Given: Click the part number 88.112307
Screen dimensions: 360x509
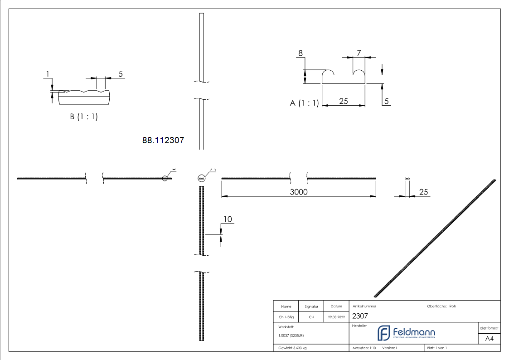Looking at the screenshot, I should [163, 141].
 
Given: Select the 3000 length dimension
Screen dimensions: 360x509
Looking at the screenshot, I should [299, 192].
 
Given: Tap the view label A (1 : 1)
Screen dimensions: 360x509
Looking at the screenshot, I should [304, 103].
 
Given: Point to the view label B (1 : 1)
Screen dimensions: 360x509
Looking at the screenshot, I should [84, 117].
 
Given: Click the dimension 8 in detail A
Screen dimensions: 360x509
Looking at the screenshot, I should [300, 54].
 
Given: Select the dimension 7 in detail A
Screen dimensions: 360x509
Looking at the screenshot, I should [359, 53].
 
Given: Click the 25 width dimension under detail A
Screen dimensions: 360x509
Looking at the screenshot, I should [343, 101].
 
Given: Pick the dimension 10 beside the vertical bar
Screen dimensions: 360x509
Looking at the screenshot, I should [228, 219].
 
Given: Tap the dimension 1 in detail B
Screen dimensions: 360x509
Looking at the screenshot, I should [47, 73].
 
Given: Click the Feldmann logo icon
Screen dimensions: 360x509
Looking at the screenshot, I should [383, 333].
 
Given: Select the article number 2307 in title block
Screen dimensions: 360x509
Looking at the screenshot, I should [360, 316].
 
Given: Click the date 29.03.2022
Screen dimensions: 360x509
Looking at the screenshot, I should [336, 317].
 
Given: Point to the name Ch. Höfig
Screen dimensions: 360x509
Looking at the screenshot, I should [286, 317].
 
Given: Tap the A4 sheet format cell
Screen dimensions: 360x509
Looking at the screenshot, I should [489, 339].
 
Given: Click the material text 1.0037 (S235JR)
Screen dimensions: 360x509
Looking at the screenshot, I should [291, 335].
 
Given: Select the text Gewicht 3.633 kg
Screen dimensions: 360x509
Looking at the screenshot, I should [293, 348].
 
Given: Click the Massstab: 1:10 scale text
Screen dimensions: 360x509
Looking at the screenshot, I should [364, 348].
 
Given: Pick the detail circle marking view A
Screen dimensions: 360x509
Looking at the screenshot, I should [202, 179].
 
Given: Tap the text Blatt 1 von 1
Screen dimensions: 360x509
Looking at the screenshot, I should [437, 348].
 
